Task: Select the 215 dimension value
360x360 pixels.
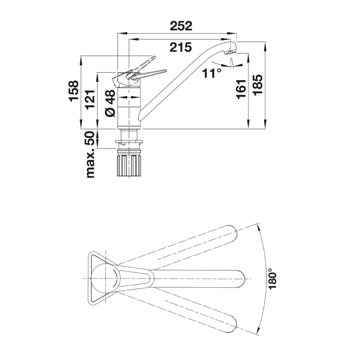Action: pos(180,47)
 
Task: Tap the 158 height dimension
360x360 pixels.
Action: pos(73,91)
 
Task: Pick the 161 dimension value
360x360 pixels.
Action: pos(241,89)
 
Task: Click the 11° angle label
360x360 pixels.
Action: pos(212,73)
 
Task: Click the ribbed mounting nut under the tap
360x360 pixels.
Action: pos(129,165)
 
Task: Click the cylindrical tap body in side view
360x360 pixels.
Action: pos(129,108)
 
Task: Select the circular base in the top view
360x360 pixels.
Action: pos(105,279)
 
